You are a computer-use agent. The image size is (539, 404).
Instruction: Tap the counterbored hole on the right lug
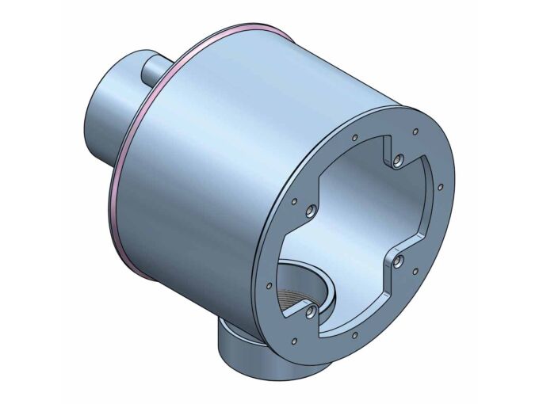(398, 259)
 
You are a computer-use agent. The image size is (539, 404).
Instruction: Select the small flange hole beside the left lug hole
(294, 201)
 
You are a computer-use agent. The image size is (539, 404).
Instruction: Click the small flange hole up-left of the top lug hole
(352, 141)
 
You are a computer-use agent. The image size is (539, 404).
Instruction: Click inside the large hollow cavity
(357, 214)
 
